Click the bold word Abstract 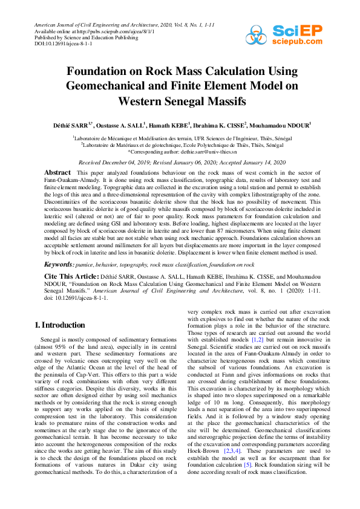pos(57,173)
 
